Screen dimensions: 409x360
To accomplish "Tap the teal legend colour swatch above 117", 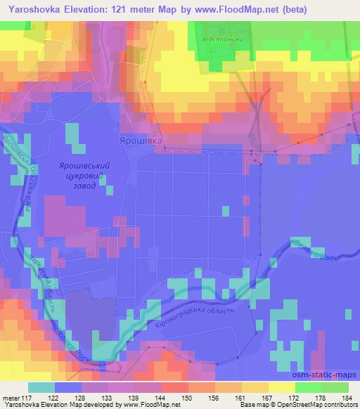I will pyautogui.click(x=42, y=387).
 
